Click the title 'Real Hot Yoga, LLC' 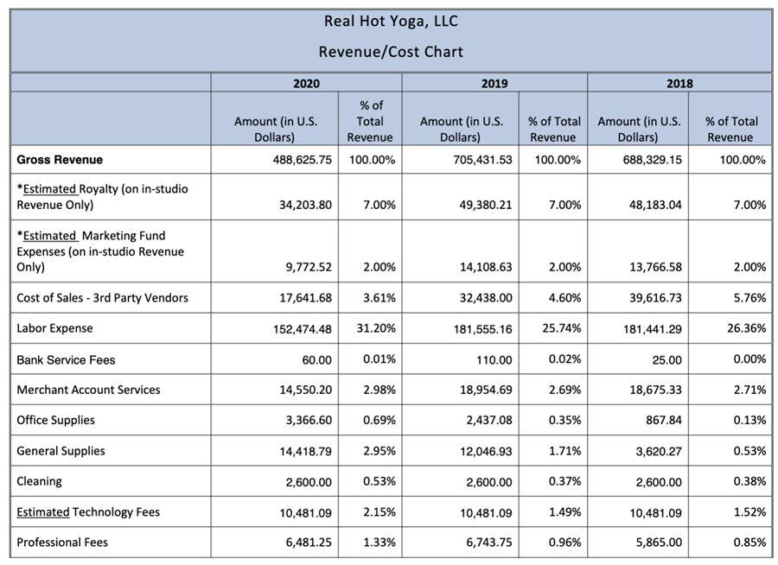coord(391,22)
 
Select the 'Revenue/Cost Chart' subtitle coord(391,52)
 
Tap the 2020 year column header coord(306,83)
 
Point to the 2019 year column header coord(494,83)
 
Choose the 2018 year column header coord(679,83)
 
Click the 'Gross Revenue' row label coord(60,160)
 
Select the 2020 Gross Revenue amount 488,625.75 coord(303,160)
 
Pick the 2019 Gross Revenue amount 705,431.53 coord(482,160)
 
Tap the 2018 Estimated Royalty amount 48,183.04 coord(655,205)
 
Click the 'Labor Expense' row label coord(54,328)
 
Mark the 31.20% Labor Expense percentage coord(376,328)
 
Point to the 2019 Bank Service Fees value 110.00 coord(494,359)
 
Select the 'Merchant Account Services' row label coord(88,390)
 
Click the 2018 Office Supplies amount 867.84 coord(664,420)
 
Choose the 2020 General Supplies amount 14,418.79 coord(305,452)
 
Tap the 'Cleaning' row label coord(39,482)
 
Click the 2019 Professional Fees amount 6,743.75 coord(488,543)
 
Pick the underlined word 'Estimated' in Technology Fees coord(43,512)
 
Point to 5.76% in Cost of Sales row coord(749,298)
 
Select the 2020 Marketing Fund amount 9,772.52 coord(309,267)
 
